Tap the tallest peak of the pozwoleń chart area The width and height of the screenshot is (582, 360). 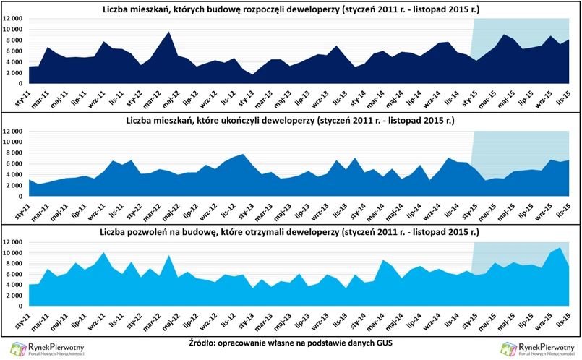coord(560,248)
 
